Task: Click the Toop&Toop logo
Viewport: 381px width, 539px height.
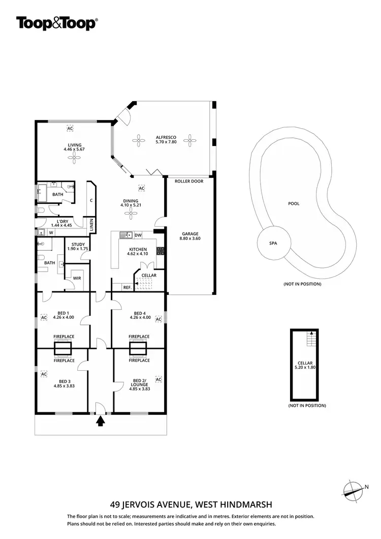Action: coord(57,23)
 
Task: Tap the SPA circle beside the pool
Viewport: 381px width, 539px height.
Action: coord(273,243)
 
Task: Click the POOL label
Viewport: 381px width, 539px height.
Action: coord(294,203)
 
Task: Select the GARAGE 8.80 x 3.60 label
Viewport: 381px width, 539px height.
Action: coord(190,236)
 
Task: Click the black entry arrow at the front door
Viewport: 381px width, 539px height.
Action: coord(101,421)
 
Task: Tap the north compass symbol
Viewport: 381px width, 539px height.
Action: coord(353,489)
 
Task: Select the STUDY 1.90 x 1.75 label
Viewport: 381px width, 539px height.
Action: coord(78,247)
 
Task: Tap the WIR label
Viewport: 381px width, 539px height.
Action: coord(77,278)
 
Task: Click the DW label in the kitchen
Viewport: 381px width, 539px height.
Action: coord(138,235)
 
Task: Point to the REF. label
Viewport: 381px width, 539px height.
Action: coord(127,287)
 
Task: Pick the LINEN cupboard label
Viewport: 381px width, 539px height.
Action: coord(92,224)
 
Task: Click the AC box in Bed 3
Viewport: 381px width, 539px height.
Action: coord(44,374)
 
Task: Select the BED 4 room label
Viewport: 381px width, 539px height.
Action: coord(140,315)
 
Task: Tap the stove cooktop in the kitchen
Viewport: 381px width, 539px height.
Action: coord(160,250)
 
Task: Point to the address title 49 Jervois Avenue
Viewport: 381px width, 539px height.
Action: coord(191,505)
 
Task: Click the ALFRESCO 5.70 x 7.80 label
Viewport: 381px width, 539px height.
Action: coord(163,139)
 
